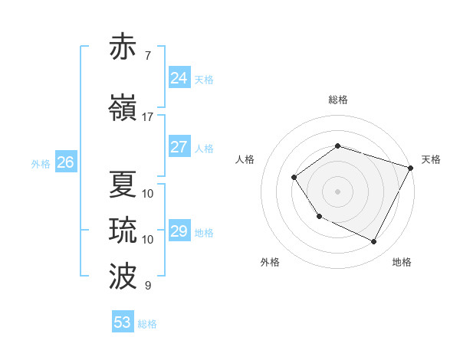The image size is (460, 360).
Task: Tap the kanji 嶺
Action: pyautogui.click(x=123, y=108)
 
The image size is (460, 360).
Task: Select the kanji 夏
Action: pyautogui.click(x=123, y=184)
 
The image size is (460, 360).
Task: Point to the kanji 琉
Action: pyautogui.click(x=123, y=231)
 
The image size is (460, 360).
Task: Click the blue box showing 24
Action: pyautogui.click(x=179, y=78)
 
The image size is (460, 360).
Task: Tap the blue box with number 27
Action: pyautogui.click(x=179, y=147)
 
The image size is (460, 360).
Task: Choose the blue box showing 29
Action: pyautogui.click(x=179, y=231)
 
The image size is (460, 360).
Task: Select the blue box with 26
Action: pyautogui.click(x=65, y=162)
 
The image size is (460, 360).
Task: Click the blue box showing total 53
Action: pyautogui.click(x=123, y=322)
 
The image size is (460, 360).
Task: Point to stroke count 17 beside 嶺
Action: pyautogui.click(x=147, y=117)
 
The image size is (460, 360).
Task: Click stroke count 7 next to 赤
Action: pyautogui.click(x=147, y=55)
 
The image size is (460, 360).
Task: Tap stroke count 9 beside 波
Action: pyautogui.click(x=147, y=286)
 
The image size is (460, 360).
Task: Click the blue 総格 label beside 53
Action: pyautogui.click(x=147, y=324)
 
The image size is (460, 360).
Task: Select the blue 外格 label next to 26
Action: pyautogui.click(x=41, y=163)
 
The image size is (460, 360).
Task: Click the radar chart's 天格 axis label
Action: pyautogui.click(x=431, y=159)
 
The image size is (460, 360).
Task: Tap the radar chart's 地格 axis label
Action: pyautogui.click(x=402, y=262)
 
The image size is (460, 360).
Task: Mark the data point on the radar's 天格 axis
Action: pyautogui.click(x=412, y=168)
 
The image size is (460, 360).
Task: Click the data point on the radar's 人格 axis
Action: pyautogui.click(x=294, y=178)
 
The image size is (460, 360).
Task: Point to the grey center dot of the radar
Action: pyautogui.click(x=337, y=191)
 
